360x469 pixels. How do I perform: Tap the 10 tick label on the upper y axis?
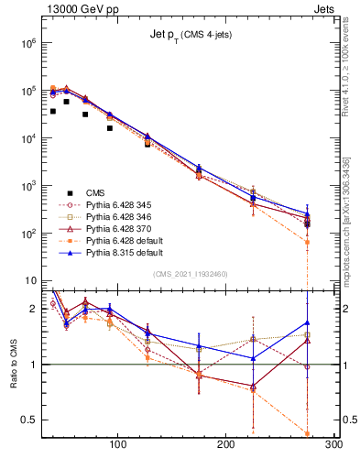[x=29, y=281]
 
